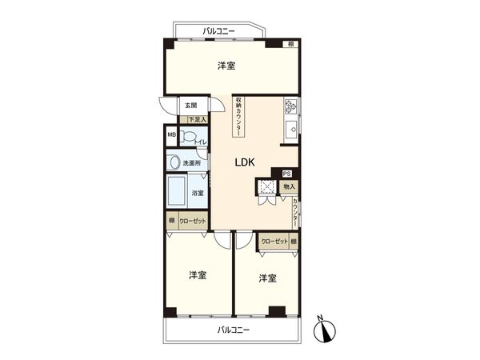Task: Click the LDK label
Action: (244, 162)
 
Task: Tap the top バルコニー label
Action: (218, 31)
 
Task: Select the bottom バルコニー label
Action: (233, 330)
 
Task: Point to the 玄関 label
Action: (190, 105)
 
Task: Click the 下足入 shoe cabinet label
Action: (196, 119)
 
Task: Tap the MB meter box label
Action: (171, 135)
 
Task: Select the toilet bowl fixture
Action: (186, 138)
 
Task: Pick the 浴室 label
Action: (197, 193)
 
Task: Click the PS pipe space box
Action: (286, 173)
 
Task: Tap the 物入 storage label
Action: (288, 186)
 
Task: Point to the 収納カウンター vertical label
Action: (238, 118)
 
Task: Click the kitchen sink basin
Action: (291, 128)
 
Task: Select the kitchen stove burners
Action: (290, 105)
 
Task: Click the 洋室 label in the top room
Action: (226, 66)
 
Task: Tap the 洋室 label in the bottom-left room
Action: (198, 275)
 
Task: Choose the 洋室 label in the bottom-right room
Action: (267, 278)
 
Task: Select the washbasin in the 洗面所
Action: (174, 162)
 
